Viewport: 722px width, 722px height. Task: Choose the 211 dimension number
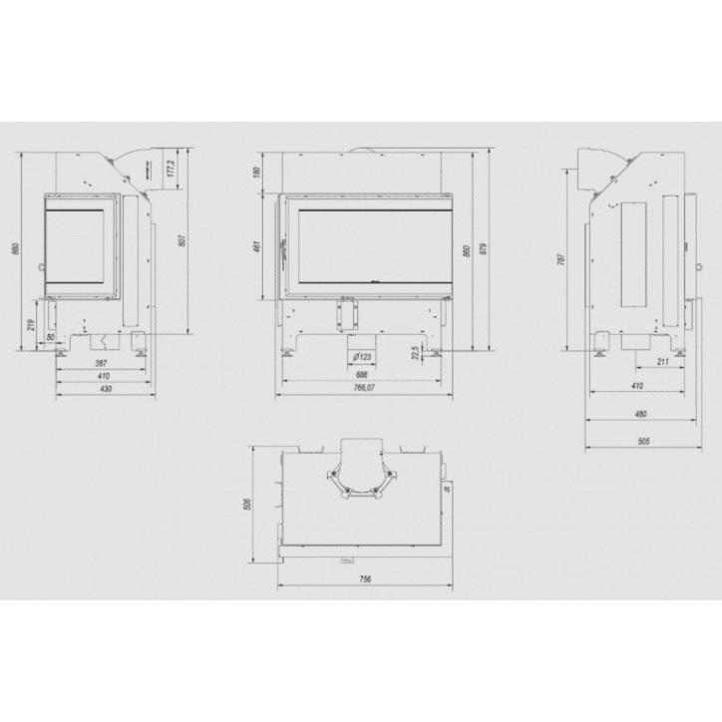[661, 362]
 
